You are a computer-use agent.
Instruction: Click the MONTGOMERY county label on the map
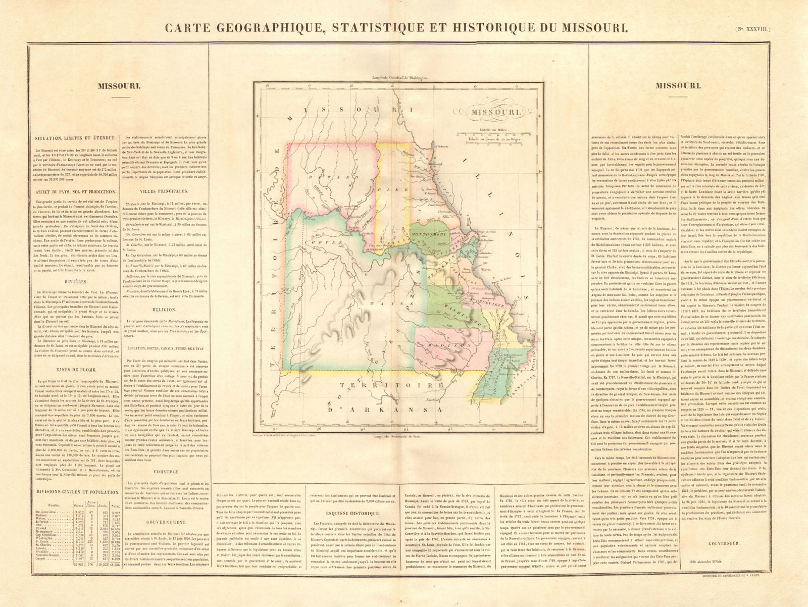427,235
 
